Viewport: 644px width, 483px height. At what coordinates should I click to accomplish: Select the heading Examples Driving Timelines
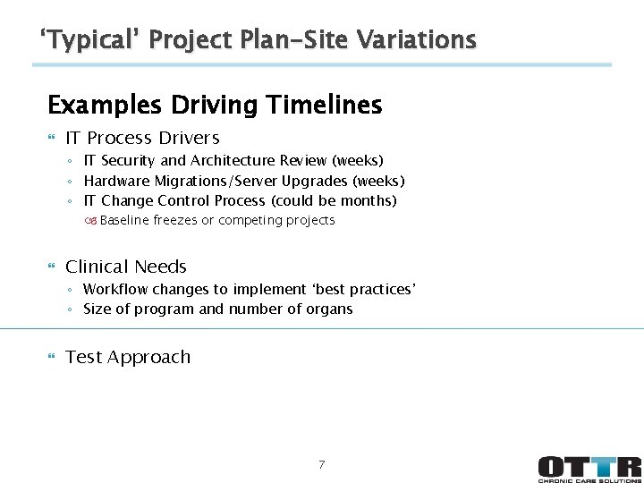coord(215,106)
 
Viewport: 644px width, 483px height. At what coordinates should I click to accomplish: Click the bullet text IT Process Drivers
coord(142,138)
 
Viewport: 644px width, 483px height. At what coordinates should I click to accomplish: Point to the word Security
coord(131,161)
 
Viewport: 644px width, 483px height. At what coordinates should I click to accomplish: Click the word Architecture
coord(233,161)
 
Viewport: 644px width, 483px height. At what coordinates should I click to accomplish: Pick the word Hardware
coord(116,181)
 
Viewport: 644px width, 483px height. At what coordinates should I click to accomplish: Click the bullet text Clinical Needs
coord(126,267)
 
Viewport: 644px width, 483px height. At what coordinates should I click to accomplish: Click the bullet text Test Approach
coord(128,357)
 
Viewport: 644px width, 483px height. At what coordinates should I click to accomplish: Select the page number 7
coord(322,464)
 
